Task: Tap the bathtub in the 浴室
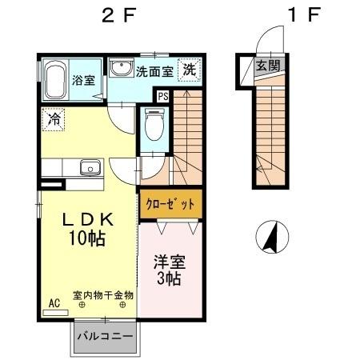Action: (x=57, y=79)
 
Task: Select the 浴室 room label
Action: (x=85, y=80)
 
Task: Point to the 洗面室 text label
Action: (x=155, y=70)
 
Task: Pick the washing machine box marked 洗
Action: (x=190, y=69)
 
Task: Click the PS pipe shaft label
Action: (x=163, y=97)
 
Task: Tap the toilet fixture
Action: (x=154, y=125)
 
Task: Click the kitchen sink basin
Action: (x=90, y=167)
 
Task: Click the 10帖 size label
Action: (x=86, y=238)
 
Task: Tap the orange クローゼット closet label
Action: (x=170, y=204)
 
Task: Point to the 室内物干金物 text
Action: (x=103, y=294)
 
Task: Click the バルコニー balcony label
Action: (x=105, y=336)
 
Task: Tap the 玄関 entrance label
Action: (x=266, y=66)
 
